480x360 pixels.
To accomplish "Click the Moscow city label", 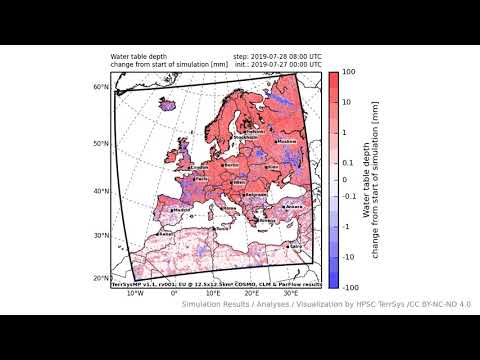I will click(x=288, y=141).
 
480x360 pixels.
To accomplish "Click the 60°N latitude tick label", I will click(x=101, y=88).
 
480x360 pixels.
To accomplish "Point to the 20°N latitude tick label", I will click(x=101, y=278).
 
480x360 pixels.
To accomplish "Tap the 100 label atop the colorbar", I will click(x=349, y=72).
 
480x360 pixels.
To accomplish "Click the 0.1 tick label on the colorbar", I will click(x=348, y=162).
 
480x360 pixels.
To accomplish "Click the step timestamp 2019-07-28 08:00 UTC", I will click(x=277, y=56).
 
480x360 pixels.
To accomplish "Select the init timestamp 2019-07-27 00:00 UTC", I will click(x=277, y=64).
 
